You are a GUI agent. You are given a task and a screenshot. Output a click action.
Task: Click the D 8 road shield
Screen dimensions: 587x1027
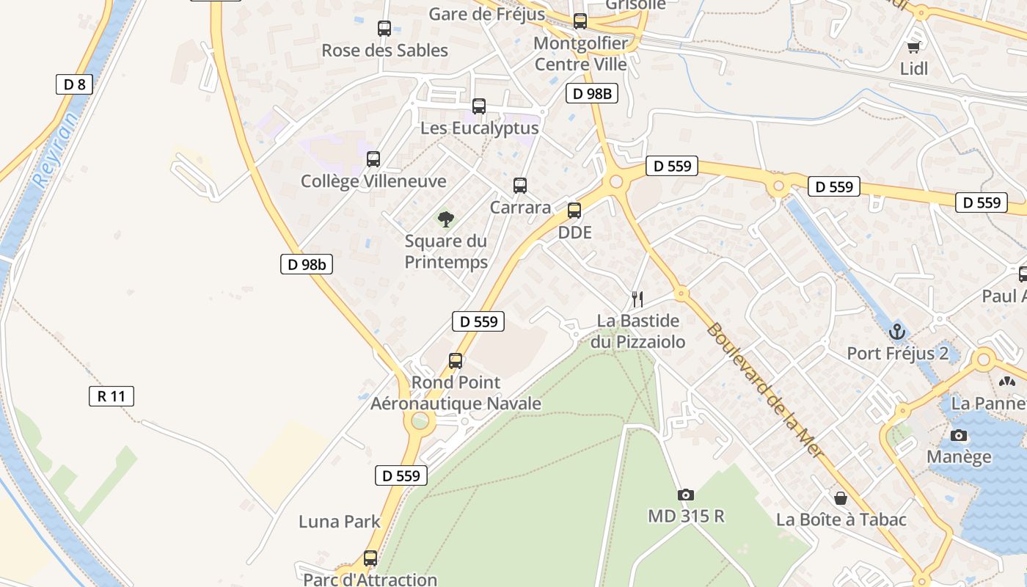[74, 84]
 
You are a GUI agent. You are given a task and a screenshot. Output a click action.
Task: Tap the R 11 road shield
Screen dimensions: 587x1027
[112, 396]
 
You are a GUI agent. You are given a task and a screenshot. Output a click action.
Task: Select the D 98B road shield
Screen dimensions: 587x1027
[592, 93]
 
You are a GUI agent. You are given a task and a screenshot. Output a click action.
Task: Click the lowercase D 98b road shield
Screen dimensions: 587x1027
[307, 264]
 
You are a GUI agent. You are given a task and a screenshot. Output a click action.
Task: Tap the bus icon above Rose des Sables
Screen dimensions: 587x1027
[384, 29]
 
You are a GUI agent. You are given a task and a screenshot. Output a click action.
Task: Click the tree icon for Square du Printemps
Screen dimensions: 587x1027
[445, 219]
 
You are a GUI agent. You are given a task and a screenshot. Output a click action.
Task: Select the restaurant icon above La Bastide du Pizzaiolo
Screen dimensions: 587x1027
[637, 299]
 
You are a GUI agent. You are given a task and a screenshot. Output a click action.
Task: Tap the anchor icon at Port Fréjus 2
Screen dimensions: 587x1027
[896, 332]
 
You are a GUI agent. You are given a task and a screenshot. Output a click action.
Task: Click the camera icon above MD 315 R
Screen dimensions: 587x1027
[686, 495]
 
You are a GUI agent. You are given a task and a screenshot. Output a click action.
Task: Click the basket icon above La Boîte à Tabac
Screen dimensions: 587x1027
[841, 498]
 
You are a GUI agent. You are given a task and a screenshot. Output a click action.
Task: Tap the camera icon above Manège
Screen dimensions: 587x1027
[958, 435]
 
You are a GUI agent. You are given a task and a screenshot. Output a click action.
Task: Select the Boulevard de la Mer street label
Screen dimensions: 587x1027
[764, 390]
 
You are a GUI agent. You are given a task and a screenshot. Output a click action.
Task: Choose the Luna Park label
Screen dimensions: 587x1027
[339, 522]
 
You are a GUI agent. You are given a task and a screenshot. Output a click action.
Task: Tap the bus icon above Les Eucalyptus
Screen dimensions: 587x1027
[479, 106]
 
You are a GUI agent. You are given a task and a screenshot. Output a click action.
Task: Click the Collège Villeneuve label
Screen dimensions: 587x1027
[373, 181]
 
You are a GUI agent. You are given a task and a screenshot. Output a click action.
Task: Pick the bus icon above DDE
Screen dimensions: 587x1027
[574, 211]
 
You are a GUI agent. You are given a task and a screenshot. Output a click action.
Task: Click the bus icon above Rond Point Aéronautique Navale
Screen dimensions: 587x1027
[456, 361]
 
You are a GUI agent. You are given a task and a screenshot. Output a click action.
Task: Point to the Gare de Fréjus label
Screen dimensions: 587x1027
[486, 14]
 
